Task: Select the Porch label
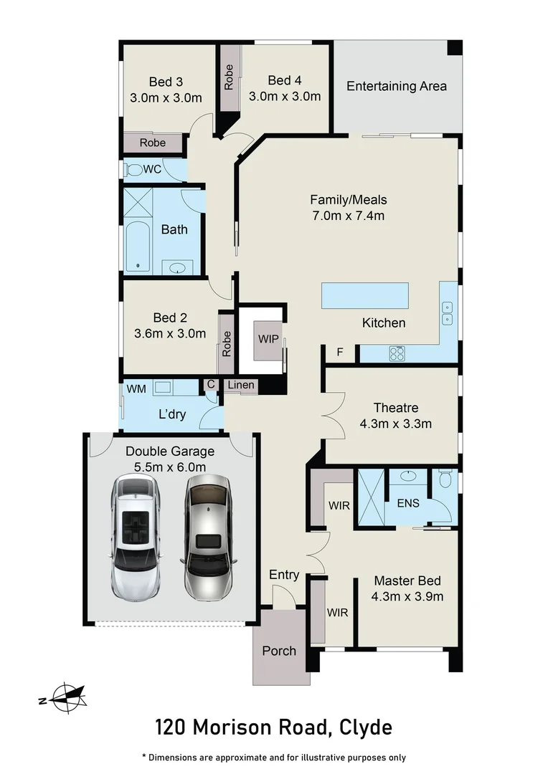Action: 279,651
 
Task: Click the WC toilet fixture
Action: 133,170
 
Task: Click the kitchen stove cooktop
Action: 397,353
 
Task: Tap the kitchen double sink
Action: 448,312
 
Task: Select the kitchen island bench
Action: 365,295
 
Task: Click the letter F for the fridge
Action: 340,352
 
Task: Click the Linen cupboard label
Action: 241,385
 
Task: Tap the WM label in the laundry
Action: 136,388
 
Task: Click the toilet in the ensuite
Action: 445,478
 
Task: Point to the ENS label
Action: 408,503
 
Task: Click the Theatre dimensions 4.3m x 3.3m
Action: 395,424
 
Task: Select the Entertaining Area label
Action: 397,86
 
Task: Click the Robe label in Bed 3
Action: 152,143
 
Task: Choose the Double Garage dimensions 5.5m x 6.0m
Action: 170,467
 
